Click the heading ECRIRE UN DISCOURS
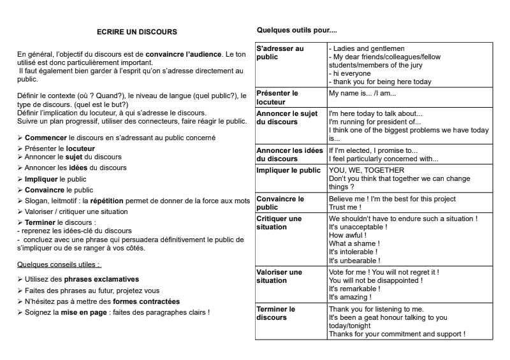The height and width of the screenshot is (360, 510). [136, 31]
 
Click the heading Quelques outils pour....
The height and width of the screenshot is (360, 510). [296, 30]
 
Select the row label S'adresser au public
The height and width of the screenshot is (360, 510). [280, 53]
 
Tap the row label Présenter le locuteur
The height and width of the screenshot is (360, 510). [277, 97]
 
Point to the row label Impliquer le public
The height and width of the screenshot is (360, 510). [288, 171]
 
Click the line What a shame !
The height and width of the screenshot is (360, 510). [354, 244]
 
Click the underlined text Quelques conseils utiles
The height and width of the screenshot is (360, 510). [59, 264]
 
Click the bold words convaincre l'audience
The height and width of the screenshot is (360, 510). [185, 56]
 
